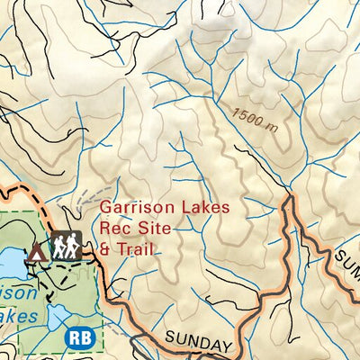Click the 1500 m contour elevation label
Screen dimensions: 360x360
(x=254, y=119)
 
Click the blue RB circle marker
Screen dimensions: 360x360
(x=78, y=337)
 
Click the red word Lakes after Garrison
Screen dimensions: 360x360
(x=205, y=207)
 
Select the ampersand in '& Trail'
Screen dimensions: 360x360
(x=105, y=247)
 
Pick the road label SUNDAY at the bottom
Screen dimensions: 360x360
(x=198, y=343)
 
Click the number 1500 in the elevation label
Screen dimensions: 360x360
(x=247, y=116)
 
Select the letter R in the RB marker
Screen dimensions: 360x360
(x=74, y=337)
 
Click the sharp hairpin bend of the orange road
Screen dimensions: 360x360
(x=289, y=200)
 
